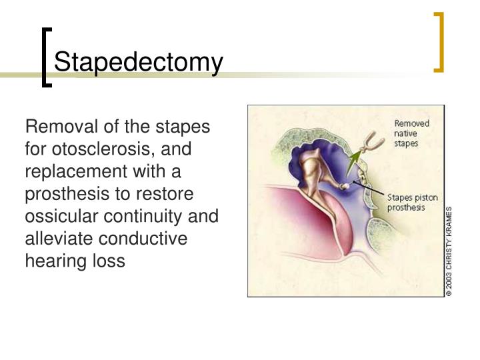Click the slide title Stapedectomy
138,63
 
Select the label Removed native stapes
411,133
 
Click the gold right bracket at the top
438,41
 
